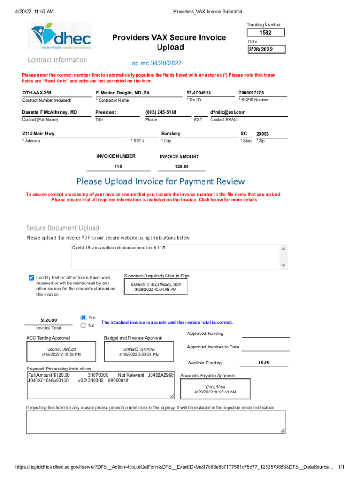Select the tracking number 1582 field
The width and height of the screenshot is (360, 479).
[x=265, y=33]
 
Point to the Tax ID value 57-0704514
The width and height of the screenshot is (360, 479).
[x=199, y=93]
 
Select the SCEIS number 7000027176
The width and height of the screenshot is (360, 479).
[x=251, y=93]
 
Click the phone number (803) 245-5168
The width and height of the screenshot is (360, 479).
[x=161, y=112]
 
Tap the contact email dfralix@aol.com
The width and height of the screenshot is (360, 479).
[x=228, y=112]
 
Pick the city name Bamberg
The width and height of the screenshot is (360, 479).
[x=171, y=134]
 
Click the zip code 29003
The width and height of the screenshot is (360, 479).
[x=262, y=134]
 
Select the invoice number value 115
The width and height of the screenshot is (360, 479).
[x=118, y=167]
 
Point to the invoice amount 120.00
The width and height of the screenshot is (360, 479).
[x=181, y=167]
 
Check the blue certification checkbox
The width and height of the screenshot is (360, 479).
[x=31, y=277]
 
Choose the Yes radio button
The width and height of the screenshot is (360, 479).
[x=84, y=317]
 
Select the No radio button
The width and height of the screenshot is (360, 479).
[x=84, y=325]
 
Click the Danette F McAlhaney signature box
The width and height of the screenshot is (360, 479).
[x=156, y=287]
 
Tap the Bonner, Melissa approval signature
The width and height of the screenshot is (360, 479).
[x=61, y=352]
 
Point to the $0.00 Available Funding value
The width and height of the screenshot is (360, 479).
[x=264, y=363]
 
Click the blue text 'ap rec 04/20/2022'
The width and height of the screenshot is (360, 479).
[x=157, y=63]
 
